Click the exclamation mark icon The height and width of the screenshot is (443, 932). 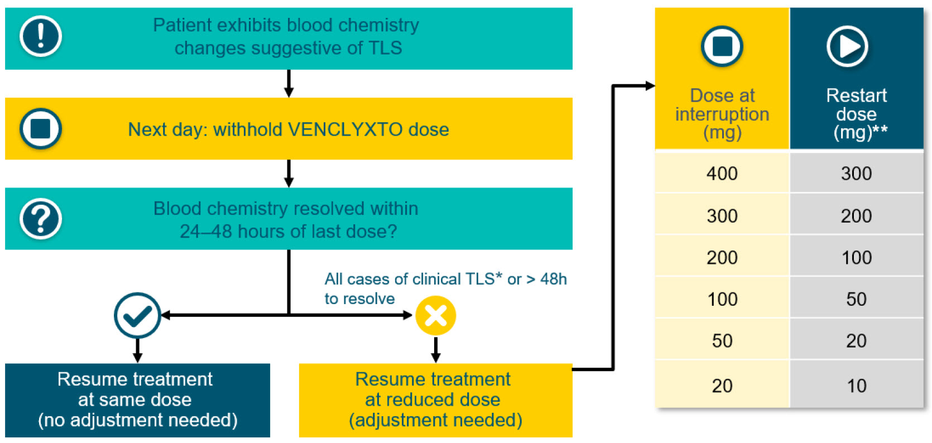(41, 36)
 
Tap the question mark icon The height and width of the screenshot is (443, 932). (41, 219)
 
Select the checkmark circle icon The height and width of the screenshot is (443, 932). (137, 315)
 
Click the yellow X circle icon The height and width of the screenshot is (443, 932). (436, 315)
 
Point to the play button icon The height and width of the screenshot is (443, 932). (848, 46)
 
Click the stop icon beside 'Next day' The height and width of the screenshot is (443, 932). (41, 128)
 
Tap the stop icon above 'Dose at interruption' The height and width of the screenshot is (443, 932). (722, 46)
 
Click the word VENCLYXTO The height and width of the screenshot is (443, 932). (345, 129)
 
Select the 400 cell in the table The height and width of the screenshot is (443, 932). (722, 173)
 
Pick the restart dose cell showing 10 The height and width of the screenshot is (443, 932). (857, 386)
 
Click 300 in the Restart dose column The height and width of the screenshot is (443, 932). (857, 173)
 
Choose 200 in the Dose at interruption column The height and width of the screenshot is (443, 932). (722, 257)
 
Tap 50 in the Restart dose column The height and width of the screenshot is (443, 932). (857, 299)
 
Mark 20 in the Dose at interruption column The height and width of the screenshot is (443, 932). (722, 386)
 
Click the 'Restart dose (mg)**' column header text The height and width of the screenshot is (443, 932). (858, 114)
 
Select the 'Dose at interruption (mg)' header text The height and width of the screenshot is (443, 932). (722, 114)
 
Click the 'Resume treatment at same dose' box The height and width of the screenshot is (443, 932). (137, 400)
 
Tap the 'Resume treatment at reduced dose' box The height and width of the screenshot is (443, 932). (436, 400)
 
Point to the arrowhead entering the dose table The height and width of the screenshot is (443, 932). (650, 86)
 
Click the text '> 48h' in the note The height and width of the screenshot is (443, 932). (546, 279)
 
